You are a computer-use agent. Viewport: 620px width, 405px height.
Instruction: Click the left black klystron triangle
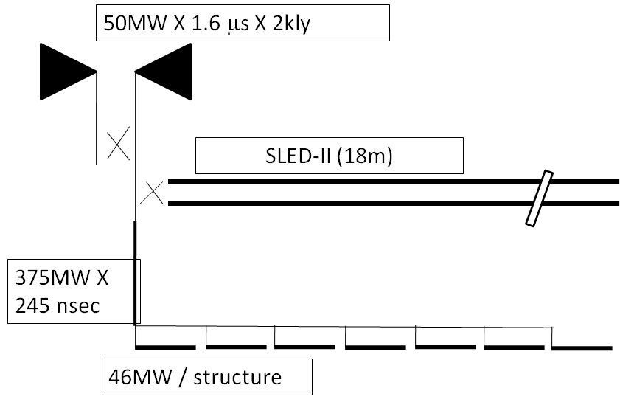tap(63, 72)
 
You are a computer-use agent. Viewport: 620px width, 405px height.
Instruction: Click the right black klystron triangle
tap(167, 72)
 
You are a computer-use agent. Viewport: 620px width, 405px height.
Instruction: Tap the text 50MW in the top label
tap(135, 24)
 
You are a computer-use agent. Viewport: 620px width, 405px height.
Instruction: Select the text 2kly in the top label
tap(291, 24)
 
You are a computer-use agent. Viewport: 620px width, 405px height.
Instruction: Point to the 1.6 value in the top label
tap(206, 24)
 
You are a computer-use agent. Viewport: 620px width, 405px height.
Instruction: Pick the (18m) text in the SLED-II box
tap(365, 156)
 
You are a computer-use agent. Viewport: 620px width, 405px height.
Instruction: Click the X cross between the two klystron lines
tap(118, 143)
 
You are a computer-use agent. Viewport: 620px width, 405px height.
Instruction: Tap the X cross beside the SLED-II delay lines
tap(152, 193)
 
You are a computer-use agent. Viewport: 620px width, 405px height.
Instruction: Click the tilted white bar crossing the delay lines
tap(540, 198)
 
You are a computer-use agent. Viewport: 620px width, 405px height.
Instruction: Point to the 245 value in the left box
tap(33, 305)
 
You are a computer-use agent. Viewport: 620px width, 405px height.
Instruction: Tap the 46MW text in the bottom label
tap(140, 377)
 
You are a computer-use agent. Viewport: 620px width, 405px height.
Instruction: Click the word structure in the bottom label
tap(237, 377)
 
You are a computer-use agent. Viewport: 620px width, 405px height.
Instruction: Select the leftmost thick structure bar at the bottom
tap(165, 347)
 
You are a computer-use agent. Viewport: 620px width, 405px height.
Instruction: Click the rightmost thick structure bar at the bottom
tap(582, 348)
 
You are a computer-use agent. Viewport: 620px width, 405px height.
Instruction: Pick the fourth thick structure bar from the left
tap(376, 347)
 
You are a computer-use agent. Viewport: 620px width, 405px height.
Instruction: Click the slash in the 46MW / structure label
tap(182, 377)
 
